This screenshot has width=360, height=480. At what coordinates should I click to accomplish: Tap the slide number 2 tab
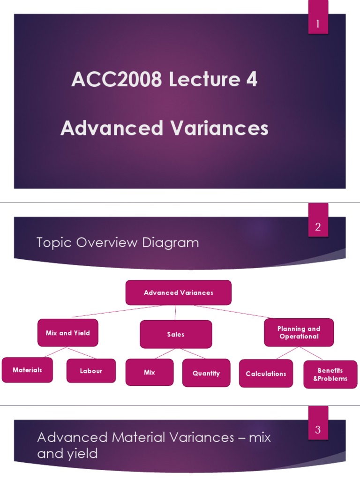pos(318,227)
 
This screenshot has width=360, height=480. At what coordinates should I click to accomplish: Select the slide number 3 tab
pos(318,429)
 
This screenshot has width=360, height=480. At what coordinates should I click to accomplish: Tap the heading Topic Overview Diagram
pos(118,243)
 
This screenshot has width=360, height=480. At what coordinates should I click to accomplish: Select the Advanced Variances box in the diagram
pos(179,292)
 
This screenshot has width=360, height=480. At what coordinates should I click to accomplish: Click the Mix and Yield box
pos(68,333)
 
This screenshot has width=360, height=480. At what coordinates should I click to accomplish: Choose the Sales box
pos(176,334)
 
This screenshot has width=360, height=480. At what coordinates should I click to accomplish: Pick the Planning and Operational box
pos(299,332)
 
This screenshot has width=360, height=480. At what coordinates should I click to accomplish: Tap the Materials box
pos(27,370)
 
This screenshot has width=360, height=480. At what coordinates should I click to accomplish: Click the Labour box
pos(91,371)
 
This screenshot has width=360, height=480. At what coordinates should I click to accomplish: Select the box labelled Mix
pos(150,373)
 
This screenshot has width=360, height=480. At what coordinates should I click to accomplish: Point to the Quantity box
pos(206,373)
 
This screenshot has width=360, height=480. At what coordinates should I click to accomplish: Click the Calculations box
pos(266,374)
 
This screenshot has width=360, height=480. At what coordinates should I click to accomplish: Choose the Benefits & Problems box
pos(330,375)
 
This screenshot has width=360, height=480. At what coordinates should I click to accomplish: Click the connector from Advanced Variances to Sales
pos(176,313)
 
